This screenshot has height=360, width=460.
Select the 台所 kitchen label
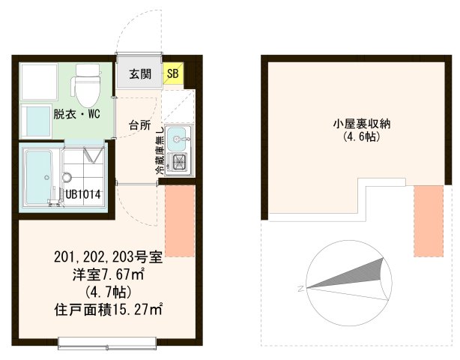[139, 124]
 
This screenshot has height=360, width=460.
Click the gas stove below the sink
[181, 160]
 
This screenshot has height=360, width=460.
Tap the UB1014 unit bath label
[83, 194]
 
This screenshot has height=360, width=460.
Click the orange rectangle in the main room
[180, 220]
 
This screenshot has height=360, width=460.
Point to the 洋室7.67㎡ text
[108, 275]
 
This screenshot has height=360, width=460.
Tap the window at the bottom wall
[109, 343]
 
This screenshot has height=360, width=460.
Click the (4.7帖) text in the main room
[108, 291]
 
